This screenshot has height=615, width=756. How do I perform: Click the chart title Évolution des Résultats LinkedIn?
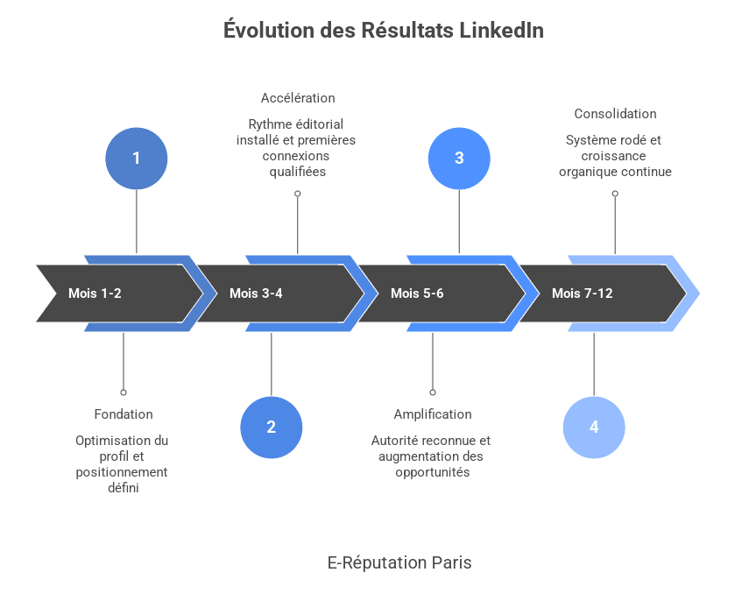point(384,31)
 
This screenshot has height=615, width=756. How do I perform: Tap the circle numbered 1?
point(136,159)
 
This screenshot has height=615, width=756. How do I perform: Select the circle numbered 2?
point(271,428)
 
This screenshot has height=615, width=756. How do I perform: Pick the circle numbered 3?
point(459,159)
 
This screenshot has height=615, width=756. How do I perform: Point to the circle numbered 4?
point(594,428)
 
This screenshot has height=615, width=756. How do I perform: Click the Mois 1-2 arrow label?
point(95,293)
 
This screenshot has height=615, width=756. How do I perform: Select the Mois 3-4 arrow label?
point(256,293)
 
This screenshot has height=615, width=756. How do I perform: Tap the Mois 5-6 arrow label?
point(417,293)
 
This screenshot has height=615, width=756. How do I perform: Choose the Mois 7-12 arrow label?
point(582,293)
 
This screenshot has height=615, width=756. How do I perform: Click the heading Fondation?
point(124,414)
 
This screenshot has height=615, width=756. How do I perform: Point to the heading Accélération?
point(298,98)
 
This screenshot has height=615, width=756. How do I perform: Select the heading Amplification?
point(433,414)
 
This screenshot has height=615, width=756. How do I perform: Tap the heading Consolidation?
point(615,114)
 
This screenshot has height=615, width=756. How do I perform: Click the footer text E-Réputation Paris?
point(399,562)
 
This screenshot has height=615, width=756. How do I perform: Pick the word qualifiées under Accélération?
point(298,172)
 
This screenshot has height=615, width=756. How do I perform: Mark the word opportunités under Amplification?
point(433,472)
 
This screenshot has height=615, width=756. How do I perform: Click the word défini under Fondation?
point(124,488)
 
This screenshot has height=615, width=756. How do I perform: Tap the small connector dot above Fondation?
point(124,392)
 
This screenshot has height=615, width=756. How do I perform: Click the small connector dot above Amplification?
point(433,392)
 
